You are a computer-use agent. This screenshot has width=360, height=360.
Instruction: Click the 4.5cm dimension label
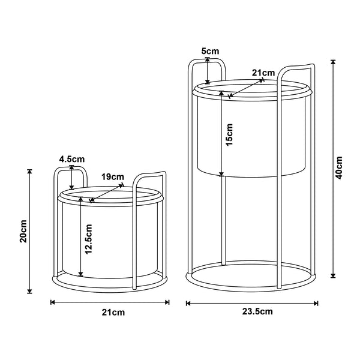72,159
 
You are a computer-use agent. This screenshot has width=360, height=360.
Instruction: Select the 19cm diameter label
112,177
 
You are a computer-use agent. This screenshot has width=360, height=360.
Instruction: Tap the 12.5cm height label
88,239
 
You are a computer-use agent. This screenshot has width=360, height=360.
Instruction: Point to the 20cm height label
23,231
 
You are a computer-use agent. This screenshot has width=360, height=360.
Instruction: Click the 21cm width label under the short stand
110,313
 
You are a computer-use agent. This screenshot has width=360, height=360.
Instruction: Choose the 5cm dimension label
209,52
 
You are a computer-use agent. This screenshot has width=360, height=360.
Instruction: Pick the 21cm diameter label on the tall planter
263,73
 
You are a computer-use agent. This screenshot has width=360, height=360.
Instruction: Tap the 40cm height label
339,168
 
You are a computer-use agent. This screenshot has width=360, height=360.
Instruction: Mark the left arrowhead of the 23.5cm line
189,303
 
